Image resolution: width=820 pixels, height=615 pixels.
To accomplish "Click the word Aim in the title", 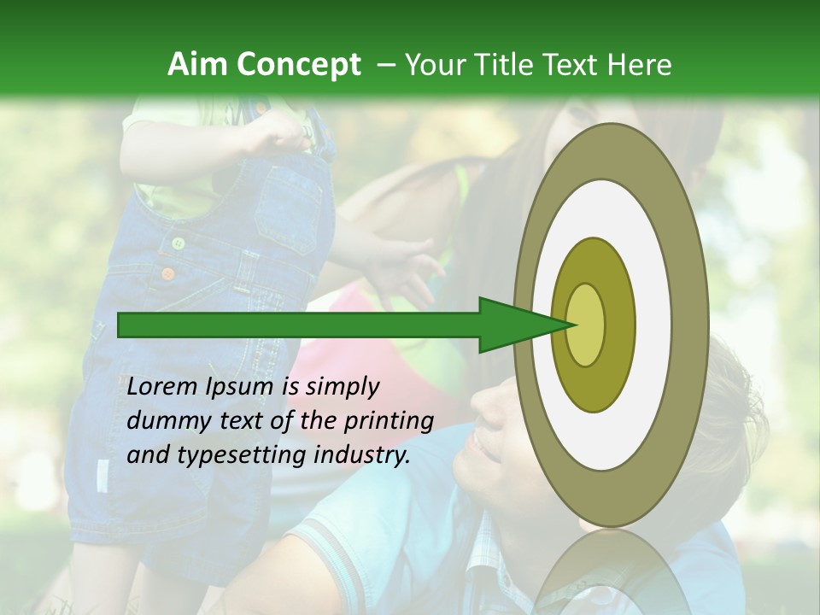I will point(198,65).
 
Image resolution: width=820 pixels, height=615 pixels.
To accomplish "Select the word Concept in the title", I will point(298,65).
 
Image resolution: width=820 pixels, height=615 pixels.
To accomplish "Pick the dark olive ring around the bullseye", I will point(619,325).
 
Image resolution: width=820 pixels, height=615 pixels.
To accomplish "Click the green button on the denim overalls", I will point(179,243).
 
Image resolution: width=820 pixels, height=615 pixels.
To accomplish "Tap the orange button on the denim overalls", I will point(168,274).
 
